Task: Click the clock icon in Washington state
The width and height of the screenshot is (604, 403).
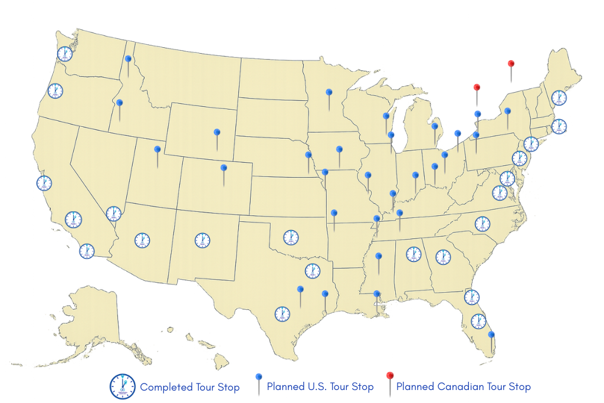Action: coord(64,54)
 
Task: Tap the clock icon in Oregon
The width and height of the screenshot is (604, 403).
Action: coord(55,90)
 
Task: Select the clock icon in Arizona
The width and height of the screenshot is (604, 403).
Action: coord(142,240)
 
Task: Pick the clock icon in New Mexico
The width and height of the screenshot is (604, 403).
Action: coord(202,240)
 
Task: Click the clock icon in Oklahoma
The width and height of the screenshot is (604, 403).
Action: coord(290,237)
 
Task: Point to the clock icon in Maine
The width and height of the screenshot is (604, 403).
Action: coord(559,97)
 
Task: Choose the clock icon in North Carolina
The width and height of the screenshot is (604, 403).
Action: coord(482,224)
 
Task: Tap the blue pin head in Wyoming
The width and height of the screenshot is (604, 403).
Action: coord(216,132)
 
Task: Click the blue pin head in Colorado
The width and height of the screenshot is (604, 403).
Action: coord(224,168)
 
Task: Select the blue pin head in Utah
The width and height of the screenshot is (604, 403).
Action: coord(157,149)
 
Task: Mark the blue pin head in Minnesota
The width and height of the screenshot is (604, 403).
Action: coord(329,92)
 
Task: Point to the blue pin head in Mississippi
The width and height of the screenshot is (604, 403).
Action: coord(379,256)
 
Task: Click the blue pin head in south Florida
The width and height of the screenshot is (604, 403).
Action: coord(491,335)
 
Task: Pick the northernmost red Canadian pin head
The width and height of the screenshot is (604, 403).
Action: coord(511,64)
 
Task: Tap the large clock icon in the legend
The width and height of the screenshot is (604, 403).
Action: coord(122,386)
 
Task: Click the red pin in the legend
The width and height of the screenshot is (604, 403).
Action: coord(389,376)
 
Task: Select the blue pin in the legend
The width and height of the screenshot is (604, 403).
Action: coord(258,376)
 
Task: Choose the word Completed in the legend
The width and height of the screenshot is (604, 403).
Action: coord(166,388)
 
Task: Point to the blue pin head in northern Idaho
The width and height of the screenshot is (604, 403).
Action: coord(128,58)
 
